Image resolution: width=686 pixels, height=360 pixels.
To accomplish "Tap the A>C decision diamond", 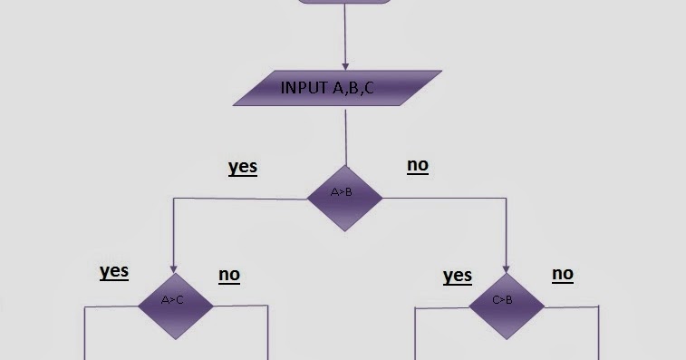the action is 175,301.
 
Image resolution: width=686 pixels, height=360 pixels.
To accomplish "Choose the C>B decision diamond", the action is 506,301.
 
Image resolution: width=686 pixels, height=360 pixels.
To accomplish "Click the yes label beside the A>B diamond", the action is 242,167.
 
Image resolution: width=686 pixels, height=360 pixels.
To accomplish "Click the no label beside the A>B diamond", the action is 418,165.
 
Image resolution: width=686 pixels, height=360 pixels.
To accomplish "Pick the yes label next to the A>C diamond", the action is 113,271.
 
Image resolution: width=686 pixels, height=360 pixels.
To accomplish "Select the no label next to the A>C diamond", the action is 229,274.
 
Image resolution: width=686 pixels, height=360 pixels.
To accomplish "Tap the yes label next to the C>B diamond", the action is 458,275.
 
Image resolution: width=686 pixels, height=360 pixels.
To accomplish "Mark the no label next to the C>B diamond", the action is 563,273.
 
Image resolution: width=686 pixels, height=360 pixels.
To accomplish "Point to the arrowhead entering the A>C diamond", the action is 173,268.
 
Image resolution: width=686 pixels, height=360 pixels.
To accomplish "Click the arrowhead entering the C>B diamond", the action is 506,268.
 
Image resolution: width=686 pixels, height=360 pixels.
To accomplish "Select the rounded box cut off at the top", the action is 345,1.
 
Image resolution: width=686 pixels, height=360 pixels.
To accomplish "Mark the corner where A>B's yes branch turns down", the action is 173,198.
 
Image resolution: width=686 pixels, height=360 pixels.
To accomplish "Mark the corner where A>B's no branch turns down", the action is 506,198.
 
